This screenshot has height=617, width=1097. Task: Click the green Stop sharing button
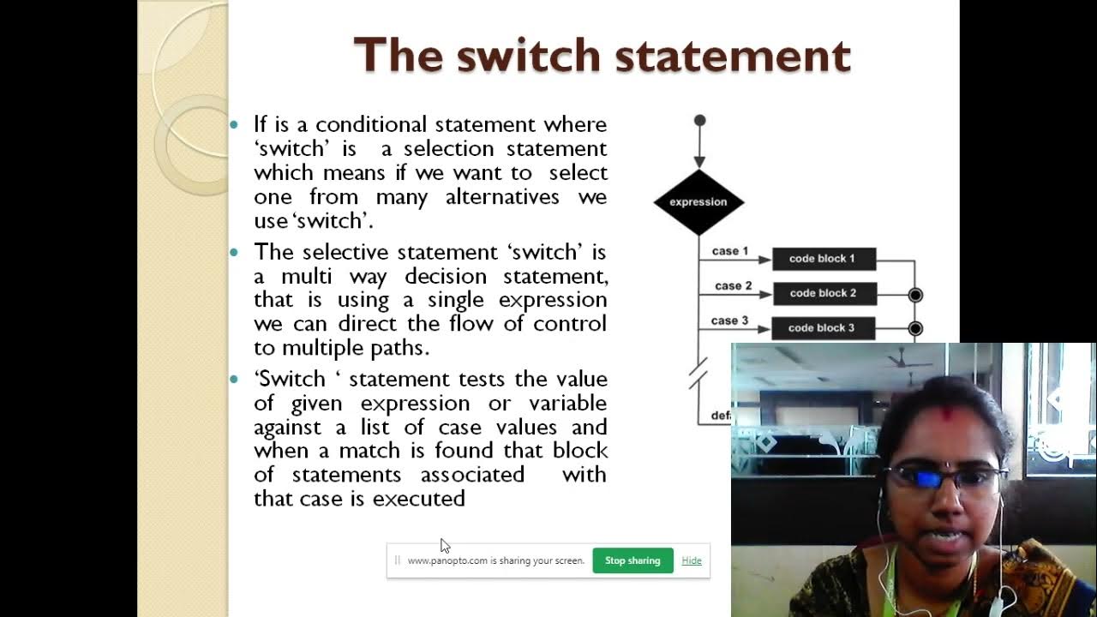point(632,560)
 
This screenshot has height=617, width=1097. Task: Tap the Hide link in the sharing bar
point(692,560)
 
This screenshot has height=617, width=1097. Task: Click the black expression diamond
point(698,202)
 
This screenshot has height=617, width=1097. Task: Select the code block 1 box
point(823,259)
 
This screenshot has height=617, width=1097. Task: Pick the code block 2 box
point(824,293)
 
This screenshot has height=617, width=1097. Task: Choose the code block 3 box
point(822,328)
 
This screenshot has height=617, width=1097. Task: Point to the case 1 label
point(730,251)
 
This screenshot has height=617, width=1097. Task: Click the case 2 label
point(733,285)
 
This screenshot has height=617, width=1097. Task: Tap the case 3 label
point(730,320)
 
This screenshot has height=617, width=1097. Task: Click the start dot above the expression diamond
point(699,121)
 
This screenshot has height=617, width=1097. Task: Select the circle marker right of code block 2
point(915,295)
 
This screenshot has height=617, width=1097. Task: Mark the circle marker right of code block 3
point(915,328)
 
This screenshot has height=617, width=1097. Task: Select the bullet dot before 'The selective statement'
point(235,253)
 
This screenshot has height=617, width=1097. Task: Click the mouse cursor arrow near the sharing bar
point(444,545)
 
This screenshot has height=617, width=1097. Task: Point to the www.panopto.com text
point(447,560)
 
